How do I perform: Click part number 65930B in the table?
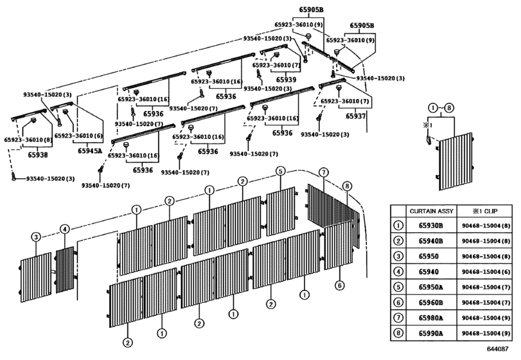tap(430, 226)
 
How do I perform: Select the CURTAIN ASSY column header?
tap(431, 211)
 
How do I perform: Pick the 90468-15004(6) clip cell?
tap(486, 272)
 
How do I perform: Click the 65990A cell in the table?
tap(430, 333)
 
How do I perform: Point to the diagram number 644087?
tap(497, 348)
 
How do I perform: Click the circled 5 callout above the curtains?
tap(281, 171)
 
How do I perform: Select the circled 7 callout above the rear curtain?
tap(323, 172)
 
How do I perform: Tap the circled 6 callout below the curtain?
tap(339, 285)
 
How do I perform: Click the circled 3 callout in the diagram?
tap(36, 237)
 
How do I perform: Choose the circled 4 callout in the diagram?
tap(65, 229)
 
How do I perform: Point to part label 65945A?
tap(90, 151)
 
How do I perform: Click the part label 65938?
tap(37, 155)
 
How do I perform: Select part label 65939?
tap(286, 80)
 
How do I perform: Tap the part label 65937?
tap(355, 116)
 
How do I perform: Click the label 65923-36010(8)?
tap(28, 140)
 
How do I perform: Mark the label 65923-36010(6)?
tap(78, 136)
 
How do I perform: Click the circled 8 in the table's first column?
tap(398, 333)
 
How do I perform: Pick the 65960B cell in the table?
tap(430, 303)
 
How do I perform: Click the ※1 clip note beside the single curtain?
tap(427, 125)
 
